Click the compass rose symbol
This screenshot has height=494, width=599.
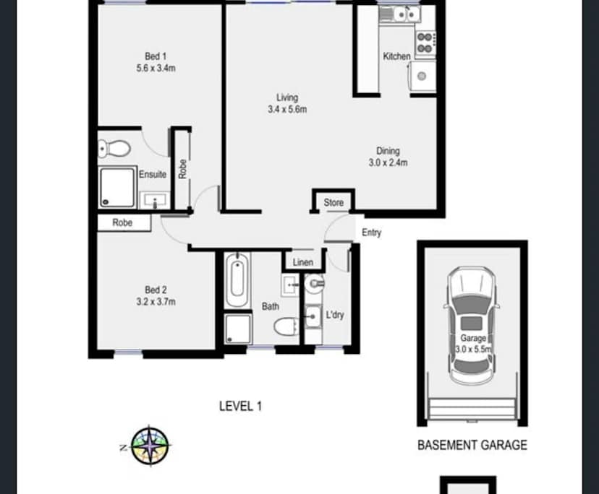tap(150, 445)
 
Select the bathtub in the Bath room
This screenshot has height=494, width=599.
tap(237, 282)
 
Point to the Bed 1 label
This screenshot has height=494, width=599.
tap(156, 56)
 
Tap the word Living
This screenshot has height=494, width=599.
tap(286, 97)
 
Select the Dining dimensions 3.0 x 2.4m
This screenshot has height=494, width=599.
tap(388, 163)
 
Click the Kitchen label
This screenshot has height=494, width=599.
tap(396, 56)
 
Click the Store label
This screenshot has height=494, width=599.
tap(334, 203)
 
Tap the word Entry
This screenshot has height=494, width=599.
tap(371, 233)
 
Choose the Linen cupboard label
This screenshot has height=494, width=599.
tap(302, 262)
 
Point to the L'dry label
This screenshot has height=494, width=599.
tap(334, 316)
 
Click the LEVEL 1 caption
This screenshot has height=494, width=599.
tap(240, 407)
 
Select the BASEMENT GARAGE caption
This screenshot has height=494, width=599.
tap(472, 445)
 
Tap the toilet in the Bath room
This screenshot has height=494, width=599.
tap(286, 326)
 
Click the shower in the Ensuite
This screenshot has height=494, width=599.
tap(117, 186)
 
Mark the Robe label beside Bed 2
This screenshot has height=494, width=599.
tap(122, 223)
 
